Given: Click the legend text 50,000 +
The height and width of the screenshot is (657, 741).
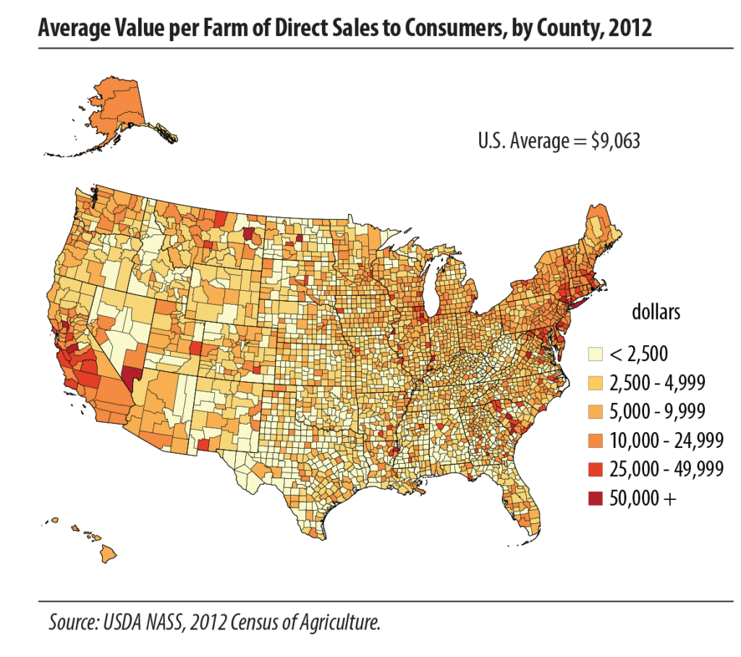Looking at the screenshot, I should click(x=643, y=498).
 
